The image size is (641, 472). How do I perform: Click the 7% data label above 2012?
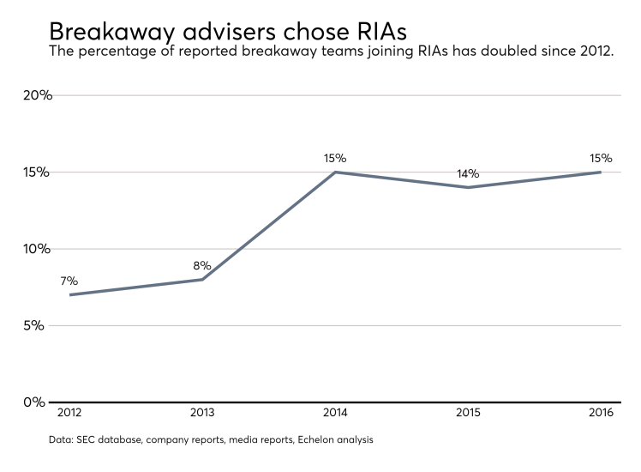point(69,281)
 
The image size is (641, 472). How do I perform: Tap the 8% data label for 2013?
point(201,265)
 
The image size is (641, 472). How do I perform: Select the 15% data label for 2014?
point(335,158)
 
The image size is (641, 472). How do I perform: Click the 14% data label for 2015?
point(467,173)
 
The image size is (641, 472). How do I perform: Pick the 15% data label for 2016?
point(601,158)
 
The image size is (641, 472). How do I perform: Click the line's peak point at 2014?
point(335,172)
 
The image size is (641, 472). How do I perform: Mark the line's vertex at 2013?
point(202,279)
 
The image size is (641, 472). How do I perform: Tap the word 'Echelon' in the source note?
point(309,440)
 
